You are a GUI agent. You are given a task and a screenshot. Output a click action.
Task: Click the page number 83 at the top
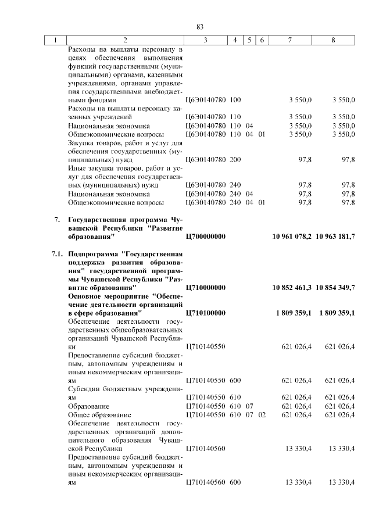coord(199,27)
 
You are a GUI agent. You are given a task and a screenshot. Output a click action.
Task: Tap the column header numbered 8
coord(333,40)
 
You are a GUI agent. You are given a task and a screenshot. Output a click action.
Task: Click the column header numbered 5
coord(249,40)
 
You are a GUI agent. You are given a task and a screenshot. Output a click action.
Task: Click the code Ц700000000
coord(205,237)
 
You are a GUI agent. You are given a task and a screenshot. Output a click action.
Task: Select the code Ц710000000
coord(205,288)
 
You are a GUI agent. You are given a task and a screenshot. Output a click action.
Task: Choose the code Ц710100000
coord(205,313)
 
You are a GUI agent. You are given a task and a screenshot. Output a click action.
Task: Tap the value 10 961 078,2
coord(292,237)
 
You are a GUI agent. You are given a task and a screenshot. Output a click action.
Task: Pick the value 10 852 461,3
coord(292,288)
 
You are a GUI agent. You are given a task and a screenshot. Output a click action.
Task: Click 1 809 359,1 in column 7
coord(294,313)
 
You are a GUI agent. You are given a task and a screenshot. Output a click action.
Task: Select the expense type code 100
coord(235,100)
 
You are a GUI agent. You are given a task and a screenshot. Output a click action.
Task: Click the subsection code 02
coord(262,415)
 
